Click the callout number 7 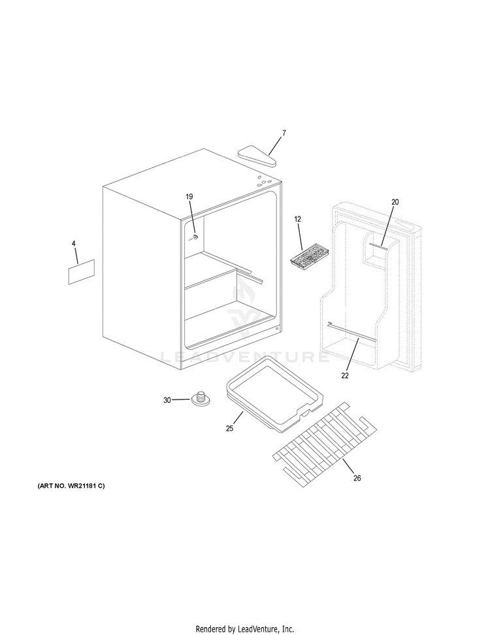coord(284,133)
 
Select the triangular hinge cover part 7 coord(257,154)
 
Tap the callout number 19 coord(189,197)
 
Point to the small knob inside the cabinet coord(195,236)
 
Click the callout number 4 coord(74,243)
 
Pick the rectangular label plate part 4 coord(82,271)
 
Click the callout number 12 coord(297,219)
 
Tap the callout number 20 coord(395,202)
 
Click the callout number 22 coord(344,375)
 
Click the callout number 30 coord(167,400)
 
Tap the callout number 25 coord(229,428)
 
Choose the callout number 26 coord(357,478)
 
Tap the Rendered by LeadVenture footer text coord(245,628)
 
